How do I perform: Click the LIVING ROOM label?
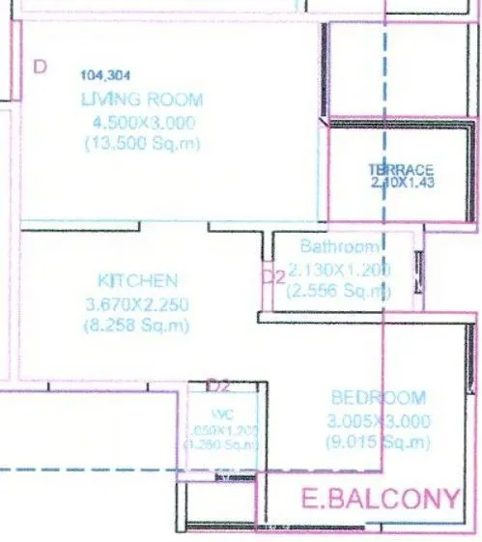(142, 99)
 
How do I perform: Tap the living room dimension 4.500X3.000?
(143, 122)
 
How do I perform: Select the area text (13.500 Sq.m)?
(143, 144)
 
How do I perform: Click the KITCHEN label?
(138, 281)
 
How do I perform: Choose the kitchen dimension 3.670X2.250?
(139, 304)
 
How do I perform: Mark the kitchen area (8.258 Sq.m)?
(139, 327)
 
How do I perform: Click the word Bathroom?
(333, 246)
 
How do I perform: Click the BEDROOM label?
(378, 397)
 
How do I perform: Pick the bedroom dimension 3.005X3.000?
(378, 420)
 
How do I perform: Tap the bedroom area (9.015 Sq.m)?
(378, 442)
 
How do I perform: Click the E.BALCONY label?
(380, 499)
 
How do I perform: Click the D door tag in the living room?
(40, 67)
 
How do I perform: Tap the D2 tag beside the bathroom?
(273, 276)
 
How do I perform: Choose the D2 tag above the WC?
(220, 385)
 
